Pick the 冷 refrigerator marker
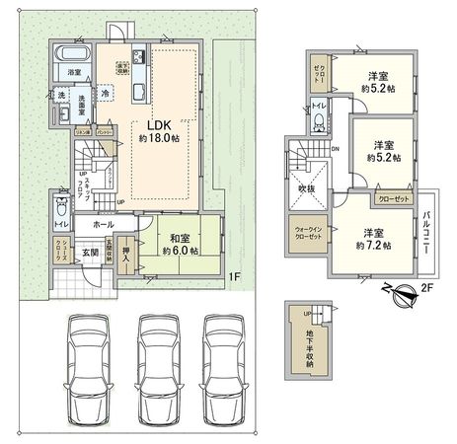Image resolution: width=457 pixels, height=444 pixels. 105,93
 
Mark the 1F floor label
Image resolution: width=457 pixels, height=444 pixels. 235,277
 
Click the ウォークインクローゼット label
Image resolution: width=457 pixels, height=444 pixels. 306,235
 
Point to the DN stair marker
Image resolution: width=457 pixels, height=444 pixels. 336,150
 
